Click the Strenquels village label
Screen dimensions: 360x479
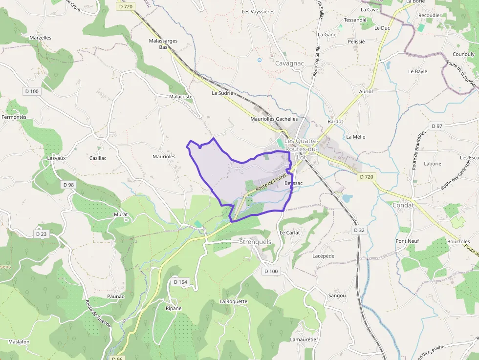pyautogui.click(x=255, y=242)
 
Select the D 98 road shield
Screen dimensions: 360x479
pyautogui.click(x=68, y=185)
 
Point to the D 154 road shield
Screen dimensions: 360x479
pyautogui.click(x=180, y=282)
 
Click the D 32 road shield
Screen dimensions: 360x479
pyautogui.click(x=358, y=230)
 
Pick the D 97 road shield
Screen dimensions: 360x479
pyautogui.click(x=436, y=126)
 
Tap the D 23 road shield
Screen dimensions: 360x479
pyautogui.click(x=41, y=234)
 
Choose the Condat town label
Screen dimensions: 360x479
pyautogui.click(x=403, y=205)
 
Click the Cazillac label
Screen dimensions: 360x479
pyautogui.click(x=98, y=158)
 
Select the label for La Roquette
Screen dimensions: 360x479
pyautogui.click(x=234, y=301)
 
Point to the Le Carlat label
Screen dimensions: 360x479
pyautogui.click(x=289, y=233)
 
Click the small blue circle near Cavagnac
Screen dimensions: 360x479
pyautogui.click(x=260, y=60)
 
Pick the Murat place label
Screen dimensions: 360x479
pyautogui.click(x=121, y=214)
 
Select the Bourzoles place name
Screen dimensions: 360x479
pyautogui.click(x=458, y=242)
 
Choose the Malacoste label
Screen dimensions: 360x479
pyautogui.click(x=181, y=97)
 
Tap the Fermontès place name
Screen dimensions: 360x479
pyautogui.click(x=14, y=117)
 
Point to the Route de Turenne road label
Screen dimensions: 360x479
pyautogui.click(x=99, y=313)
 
